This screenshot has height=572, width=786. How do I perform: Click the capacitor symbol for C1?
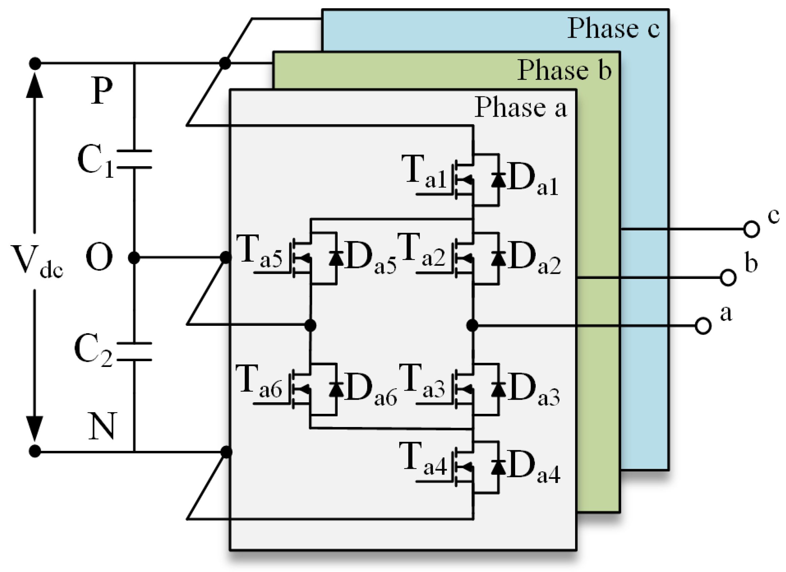coord(134,159)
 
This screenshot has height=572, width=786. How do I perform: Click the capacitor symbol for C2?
coord(134,352)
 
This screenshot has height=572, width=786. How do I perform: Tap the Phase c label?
coord(614,28)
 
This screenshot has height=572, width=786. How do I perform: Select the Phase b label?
coord(564,70)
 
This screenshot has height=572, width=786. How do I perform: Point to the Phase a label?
coord(521,107)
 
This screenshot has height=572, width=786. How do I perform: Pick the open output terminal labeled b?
coord(728,278)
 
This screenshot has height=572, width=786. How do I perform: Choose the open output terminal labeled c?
coord(752,229)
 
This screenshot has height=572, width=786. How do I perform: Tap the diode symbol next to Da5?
coord(336,258)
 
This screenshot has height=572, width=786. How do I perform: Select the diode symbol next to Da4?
coord(498,467)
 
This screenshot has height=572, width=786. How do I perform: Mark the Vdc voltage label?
coord(37,261)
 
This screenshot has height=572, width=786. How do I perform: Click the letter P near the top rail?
coord(101,90)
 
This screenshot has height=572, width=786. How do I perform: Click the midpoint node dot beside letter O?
coord(134,258)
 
